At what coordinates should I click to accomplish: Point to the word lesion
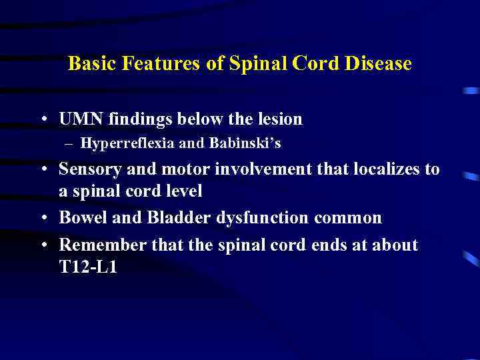point(276,119)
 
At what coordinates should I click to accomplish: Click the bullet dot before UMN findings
point(43,120)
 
